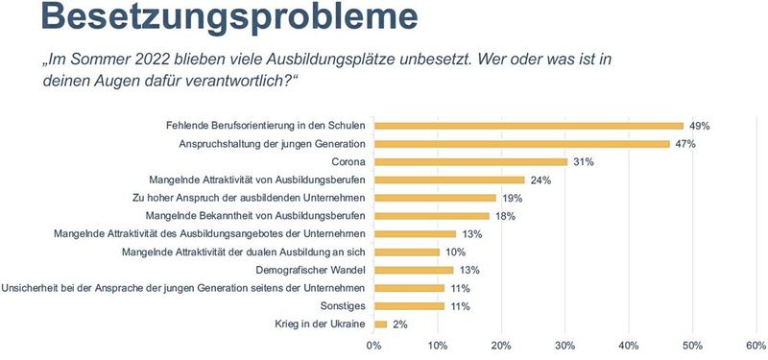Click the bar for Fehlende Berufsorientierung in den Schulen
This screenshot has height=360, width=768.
(528, 126)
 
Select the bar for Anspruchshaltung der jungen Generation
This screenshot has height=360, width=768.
(521, 144)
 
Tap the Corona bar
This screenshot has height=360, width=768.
(470, 162)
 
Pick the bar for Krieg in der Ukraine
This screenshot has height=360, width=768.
(380, 324)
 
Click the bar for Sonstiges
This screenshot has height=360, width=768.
(409, 306)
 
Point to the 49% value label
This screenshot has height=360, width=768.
(701, 126)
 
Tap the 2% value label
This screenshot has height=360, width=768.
(400, 324)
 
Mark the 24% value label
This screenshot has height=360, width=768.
(542, 180)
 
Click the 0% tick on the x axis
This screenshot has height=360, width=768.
(373, 346)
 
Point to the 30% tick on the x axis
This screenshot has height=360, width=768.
(564, 346)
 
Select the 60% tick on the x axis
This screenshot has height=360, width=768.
(755, 346)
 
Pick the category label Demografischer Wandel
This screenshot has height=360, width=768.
(304, 270)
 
